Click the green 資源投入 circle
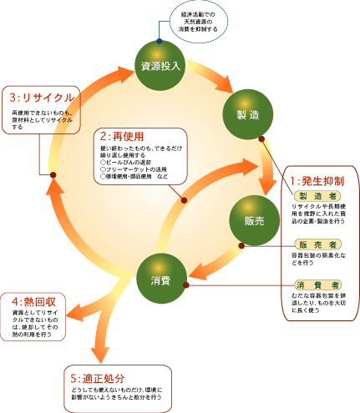point(159,64)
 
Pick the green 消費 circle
point(160,280)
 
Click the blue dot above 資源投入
point(158,39)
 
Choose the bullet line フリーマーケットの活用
point(136,170)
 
